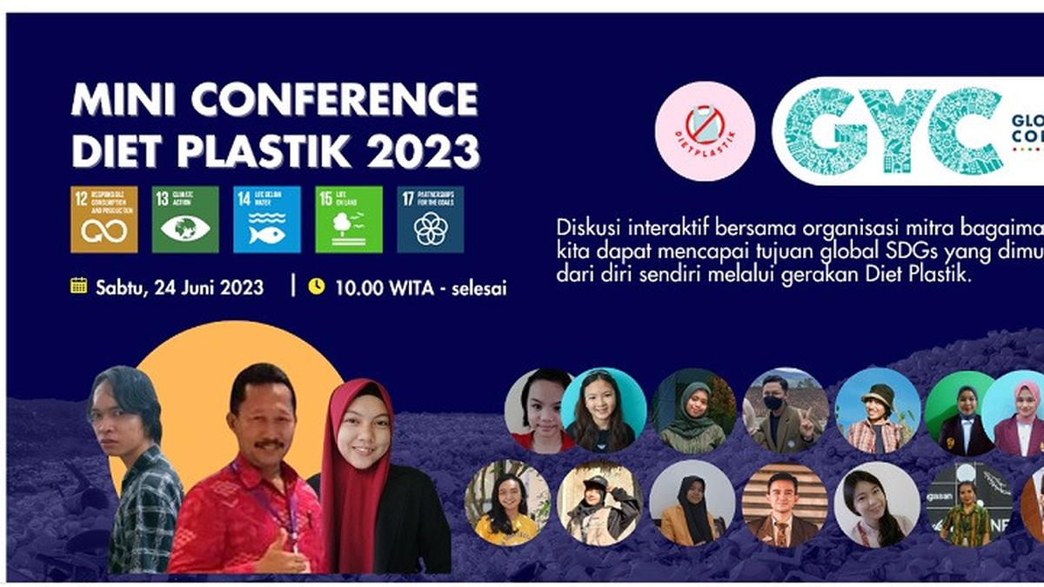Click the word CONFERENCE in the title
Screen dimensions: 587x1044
tap(334, 100)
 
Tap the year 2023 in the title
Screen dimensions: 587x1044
tap(423, 150)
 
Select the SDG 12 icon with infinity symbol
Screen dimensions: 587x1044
tap(104, 219)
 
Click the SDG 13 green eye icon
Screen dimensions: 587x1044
tap(185, 219)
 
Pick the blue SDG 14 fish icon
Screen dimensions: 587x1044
tap(266, 219)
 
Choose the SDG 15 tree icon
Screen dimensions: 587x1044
tap(348, 219)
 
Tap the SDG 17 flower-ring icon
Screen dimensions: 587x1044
tap(430, 219)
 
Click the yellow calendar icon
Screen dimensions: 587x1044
tap(79, 285)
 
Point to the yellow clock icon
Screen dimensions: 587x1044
tap(317, 285)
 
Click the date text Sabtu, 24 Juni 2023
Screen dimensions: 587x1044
tap(179, 287)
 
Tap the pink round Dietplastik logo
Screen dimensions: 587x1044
tap(705, 130)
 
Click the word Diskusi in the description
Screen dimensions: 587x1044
tap(583, 228)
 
